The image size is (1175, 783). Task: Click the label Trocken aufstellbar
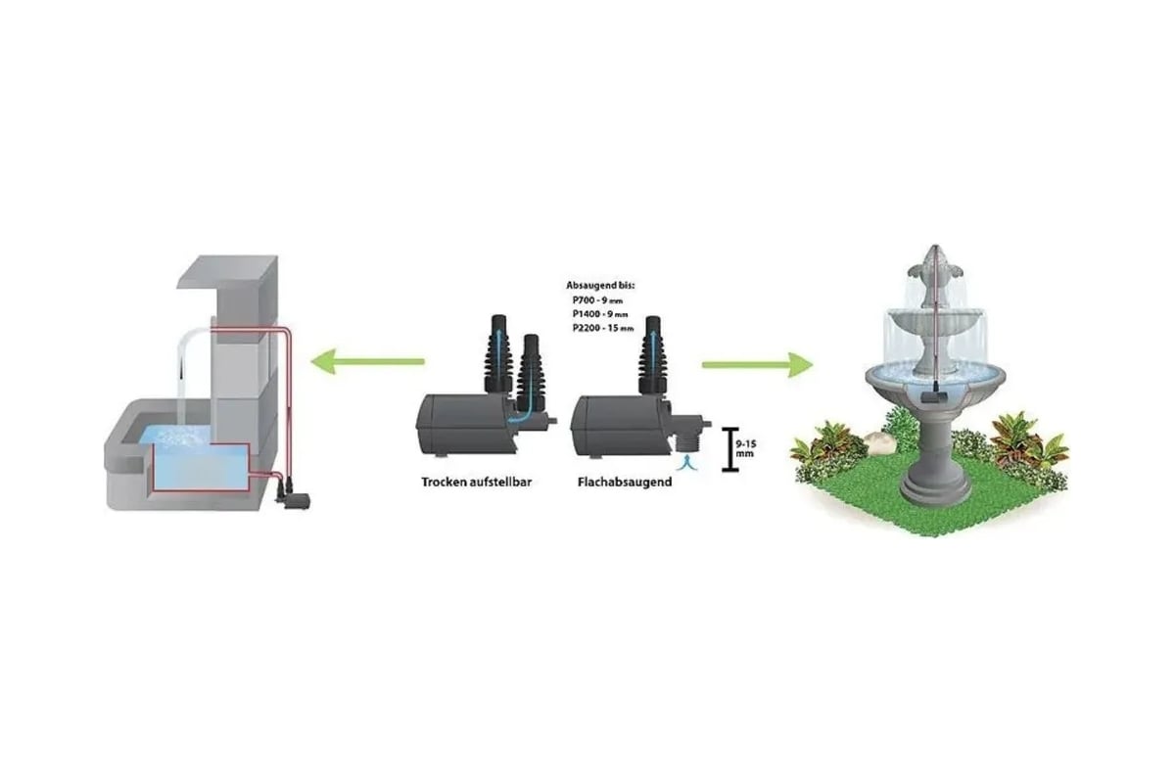point(476,482)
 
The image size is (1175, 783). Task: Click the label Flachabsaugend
point(625,482)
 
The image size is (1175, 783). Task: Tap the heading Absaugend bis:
point(600,286)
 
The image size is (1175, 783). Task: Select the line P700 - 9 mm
point(597,300)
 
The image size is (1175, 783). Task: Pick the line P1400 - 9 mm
point(600,314)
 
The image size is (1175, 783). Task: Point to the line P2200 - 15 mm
point(603,328)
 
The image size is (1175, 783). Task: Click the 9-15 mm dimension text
point(746,448)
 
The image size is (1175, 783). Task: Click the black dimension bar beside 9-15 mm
point(729,449)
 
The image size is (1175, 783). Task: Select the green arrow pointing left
point(368,361)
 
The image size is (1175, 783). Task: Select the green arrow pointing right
point(758,364)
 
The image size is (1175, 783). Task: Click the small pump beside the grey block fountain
point(293,494)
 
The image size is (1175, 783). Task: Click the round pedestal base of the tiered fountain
point(934,490)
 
